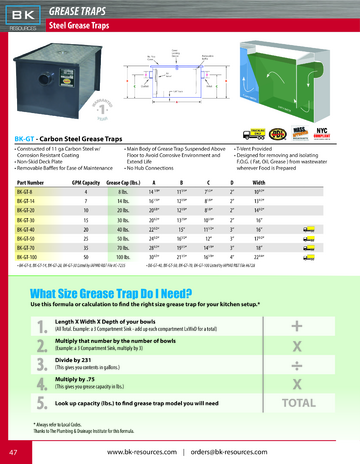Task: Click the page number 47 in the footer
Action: pos(13,451)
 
